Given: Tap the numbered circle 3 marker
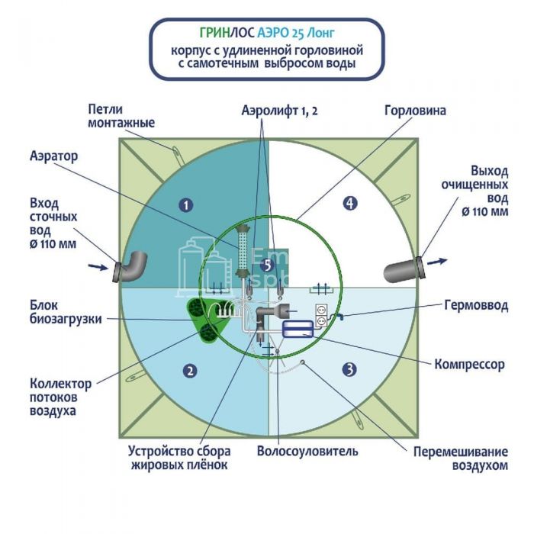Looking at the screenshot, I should point(349,370).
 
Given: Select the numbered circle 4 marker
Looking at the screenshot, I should point(349,203).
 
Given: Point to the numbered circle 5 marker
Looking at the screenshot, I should point(265,265).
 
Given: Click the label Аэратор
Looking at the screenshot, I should point(56,155).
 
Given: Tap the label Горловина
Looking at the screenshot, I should point(415,111).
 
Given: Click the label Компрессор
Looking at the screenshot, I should point(469,365).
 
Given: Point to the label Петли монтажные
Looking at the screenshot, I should point(121,117).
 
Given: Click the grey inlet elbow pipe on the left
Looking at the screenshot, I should point(131,267).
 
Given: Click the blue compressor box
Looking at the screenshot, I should point(297,330).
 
